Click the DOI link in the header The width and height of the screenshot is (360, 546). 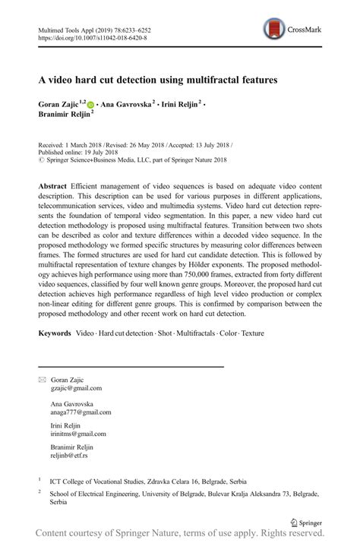tap(92, 37)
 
